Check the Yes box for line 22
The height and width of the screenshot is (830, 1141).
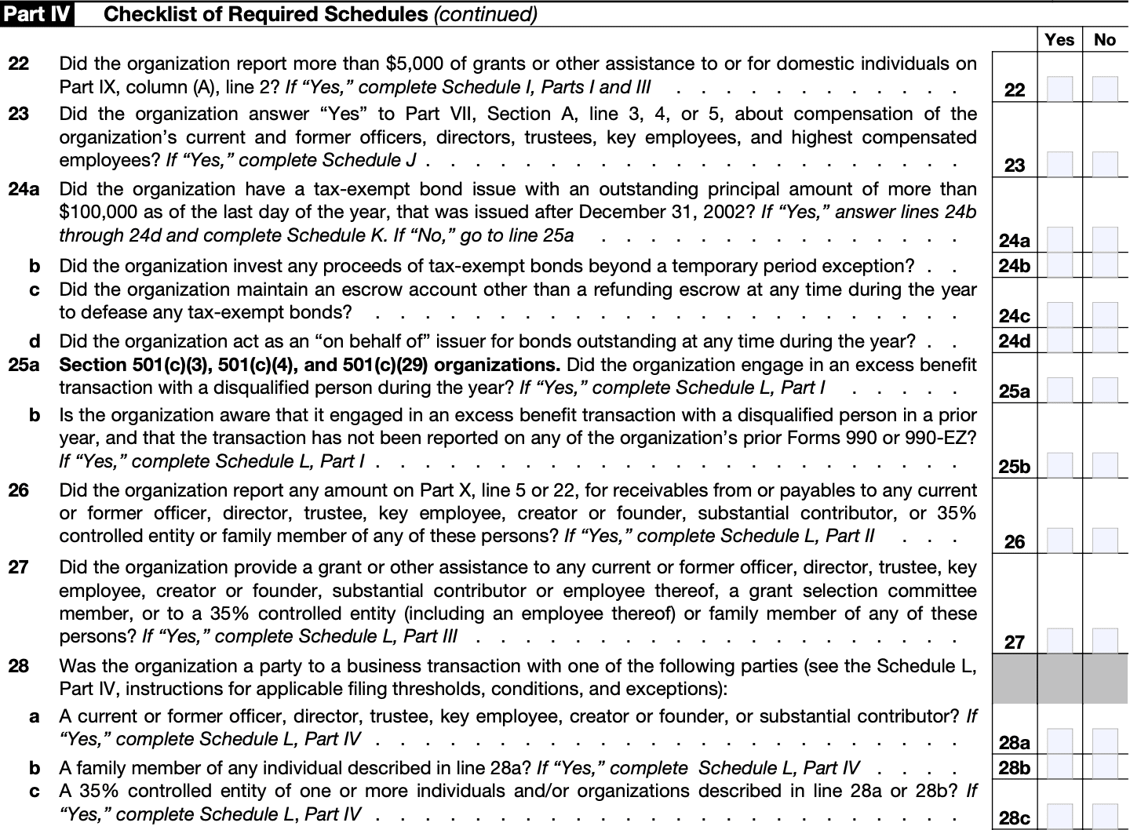coord(1059,89)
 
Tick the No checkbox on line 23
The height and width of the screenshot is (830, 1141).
coord(1105,164)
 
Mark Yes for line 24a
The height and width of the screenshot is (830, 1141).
coord(1059,239)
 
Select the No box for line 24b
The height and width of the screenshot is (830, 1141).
coord(1105,265)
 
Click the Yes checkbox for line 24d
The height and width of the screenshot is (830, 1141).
coord(1059,340)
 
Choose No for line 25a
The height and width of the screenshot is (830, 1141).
coord(1105,390)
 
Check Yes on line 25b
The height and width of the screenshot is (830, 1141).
coord(1059,465)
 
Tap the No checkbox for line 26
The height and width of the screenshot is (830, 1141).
coord(1105,541)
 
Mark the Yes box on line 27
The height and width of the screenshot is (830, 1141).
coord(1059,641)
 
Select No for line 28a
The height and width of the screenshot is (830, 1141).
coord(1105,741)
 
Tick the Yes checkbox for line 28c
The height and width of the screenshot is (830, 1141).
coord(1059,817)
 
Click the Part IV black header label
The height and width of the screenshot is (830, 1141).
coord(37,14)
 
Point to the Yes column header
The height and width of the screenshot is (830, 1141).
coord(1059,39)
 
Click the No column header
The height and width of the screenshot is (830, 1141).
coord(1105,39)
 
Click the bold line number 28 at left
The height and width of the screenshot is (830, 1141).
coord(19,666)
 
